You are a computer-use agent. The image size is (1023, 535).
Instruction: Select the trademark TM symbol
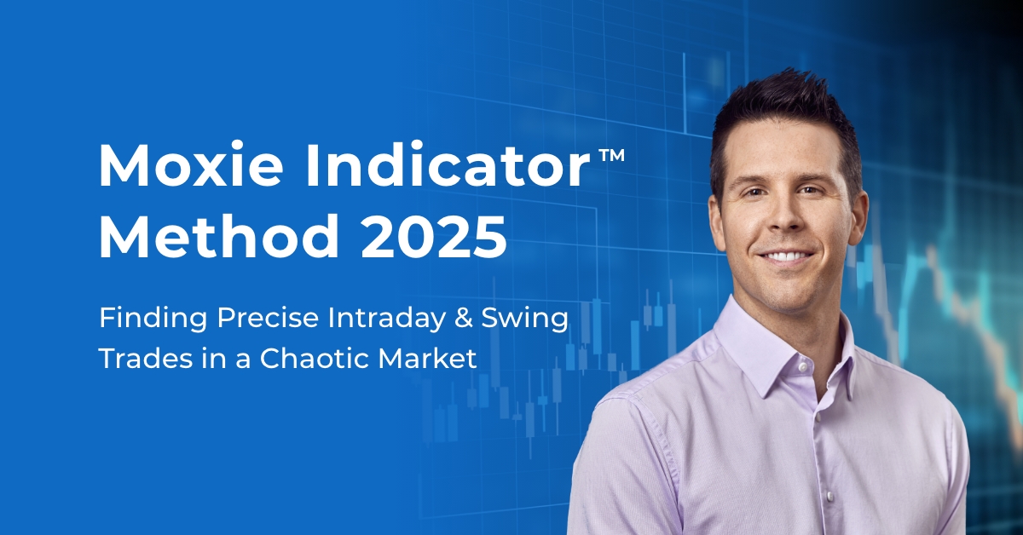[611, 155]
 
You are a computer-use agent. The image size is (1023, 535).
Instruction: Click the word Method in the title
[219, 237]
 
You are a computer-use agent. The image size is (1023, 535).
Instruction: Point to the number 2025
[434, 238]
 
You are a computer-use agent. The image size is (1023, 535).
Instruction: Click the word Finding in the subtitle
[153, 319]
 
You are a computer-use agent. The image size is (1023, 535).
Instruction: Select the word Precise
[268, 318]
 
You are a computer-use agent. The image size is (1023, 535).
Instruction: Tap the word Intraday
[386, 319]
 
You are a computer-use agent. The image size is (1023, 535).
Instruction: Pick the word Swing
[525, 319]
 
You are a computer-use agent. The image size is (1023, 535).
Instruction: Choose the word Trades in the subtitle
[146, 358]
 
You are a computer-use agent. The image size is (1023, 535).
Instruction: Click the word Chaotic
[315, 358]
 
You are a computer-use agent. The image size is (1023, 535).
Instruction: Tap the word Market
[427, 358]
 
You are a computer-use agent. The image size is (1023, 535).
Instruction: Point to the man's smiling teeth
[785, 256]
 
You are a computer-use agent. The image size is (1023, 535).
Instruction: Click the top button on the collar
[802, 367]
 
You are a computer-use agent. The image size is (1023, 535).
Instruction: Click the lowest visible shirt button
[829, 496]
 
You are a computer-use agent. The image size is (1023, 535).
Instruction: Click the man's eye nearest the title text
[754, 193]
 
